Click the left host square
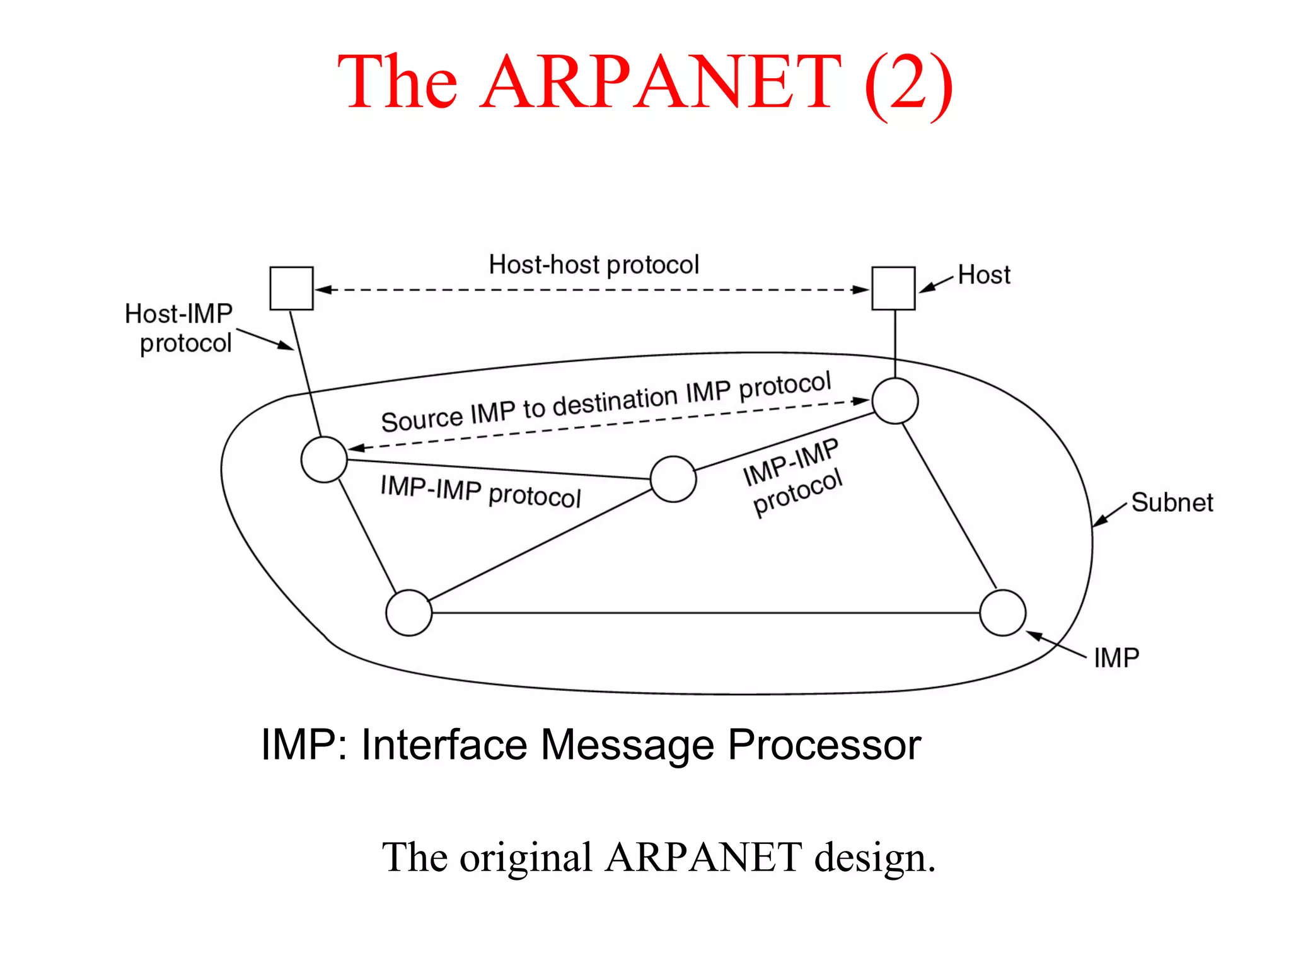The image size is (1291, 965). (x=291, y=288)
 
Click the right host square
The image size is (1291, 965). (x=893, y=288)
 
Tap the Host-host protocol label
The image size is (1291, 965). (x=594, y=265)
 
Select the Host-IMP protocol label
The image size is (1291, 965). (x=179, y=328)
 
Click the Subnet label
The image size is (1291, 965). (x=1172, y=502)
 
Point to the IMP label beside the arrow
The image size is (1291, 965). (x=1116, y=658)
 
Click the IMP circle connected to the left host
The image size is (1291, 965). (x=324, y=459)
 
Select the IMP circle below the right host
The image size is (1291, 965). (x=895, y=401)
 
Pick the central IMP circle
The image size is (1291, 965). (x=673, y=479)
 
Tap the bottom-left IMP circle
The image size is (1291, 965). (x=409, y=613)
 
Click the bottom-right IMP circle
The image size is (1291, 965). (x=1003, y=613)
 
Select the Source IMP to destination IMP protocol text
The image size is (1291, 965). (x=606, y=403)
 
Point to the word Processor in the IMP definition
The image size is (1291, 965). (x=824, y=746)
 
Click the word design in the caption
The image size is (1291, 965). (x=874, y=858)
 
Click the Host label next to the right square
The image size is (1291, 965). (x=984, y=275)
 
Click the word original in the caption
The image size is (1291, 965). (x=526, y=858)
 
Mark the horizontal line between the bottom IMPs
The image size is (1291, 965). (x=706, y=613)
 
